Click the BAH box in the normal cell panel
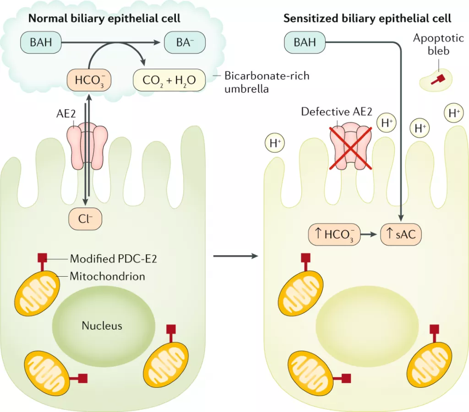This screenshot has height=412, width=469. pyautogui.click(x=41, y=43)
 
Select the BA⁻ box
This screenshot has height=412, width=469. pyautogui.click(x=185, y=43)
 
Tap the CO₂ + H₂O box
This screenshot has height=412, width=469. pyautogui.click(x=169, y=80)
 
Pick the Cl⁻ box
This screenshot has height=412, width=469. pyautogui.click(x=85, y=219)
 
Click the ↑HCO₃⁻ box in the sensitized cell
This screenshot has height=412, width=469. pyautogui.click(x=333, y=235)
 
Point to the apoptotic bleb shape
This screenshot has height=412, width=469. pyautogui.click(x=436, y=80)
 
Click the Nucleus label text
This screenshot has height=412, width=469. pyautogui.click(x=102, y=326)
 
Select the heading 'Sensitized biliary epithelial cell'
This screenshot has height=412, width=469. pyautogui.click(x=367, y=19)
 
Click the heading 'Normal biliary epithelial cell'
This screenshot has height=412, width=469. pyautogui.click(x=104, y=19)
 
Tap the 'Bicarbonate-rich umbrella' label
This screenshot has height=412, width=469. pyautogui.click(x=267, y=82)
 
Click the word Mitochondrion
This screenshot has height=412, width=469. pyautogui.click(x=107, y=276)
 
